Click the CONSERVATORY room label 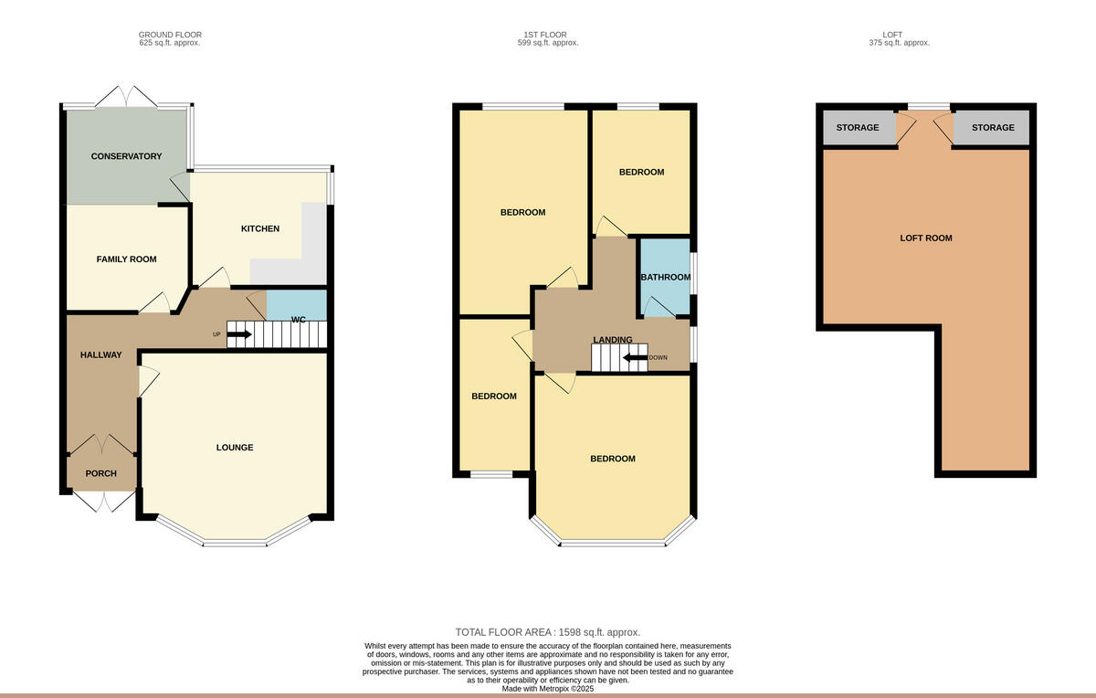coord(126,156)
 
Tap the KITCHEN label coord(259,228)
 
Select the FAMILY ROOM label coord(126,259)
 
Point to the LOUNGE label coord(235,448)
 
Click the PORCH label coord(100,473)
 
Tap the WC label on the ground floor coord(298,320)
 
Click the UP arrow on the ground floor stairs coord(239,334)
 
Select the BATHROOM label coord(666,277)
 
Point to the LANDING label coord(612,340)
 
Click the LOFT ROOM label coord(926,238)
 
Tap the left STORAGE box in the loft coord(858,128)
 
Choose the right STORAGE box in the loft coord(992,128)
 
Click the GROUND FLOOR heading coord(170,35)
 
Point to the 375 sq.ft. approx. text coord(900,43)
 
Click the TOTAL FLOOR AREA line coord(548,632)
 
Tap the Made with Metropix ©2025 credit coord(548,689)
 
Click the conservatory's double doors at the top coord(127,96)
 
